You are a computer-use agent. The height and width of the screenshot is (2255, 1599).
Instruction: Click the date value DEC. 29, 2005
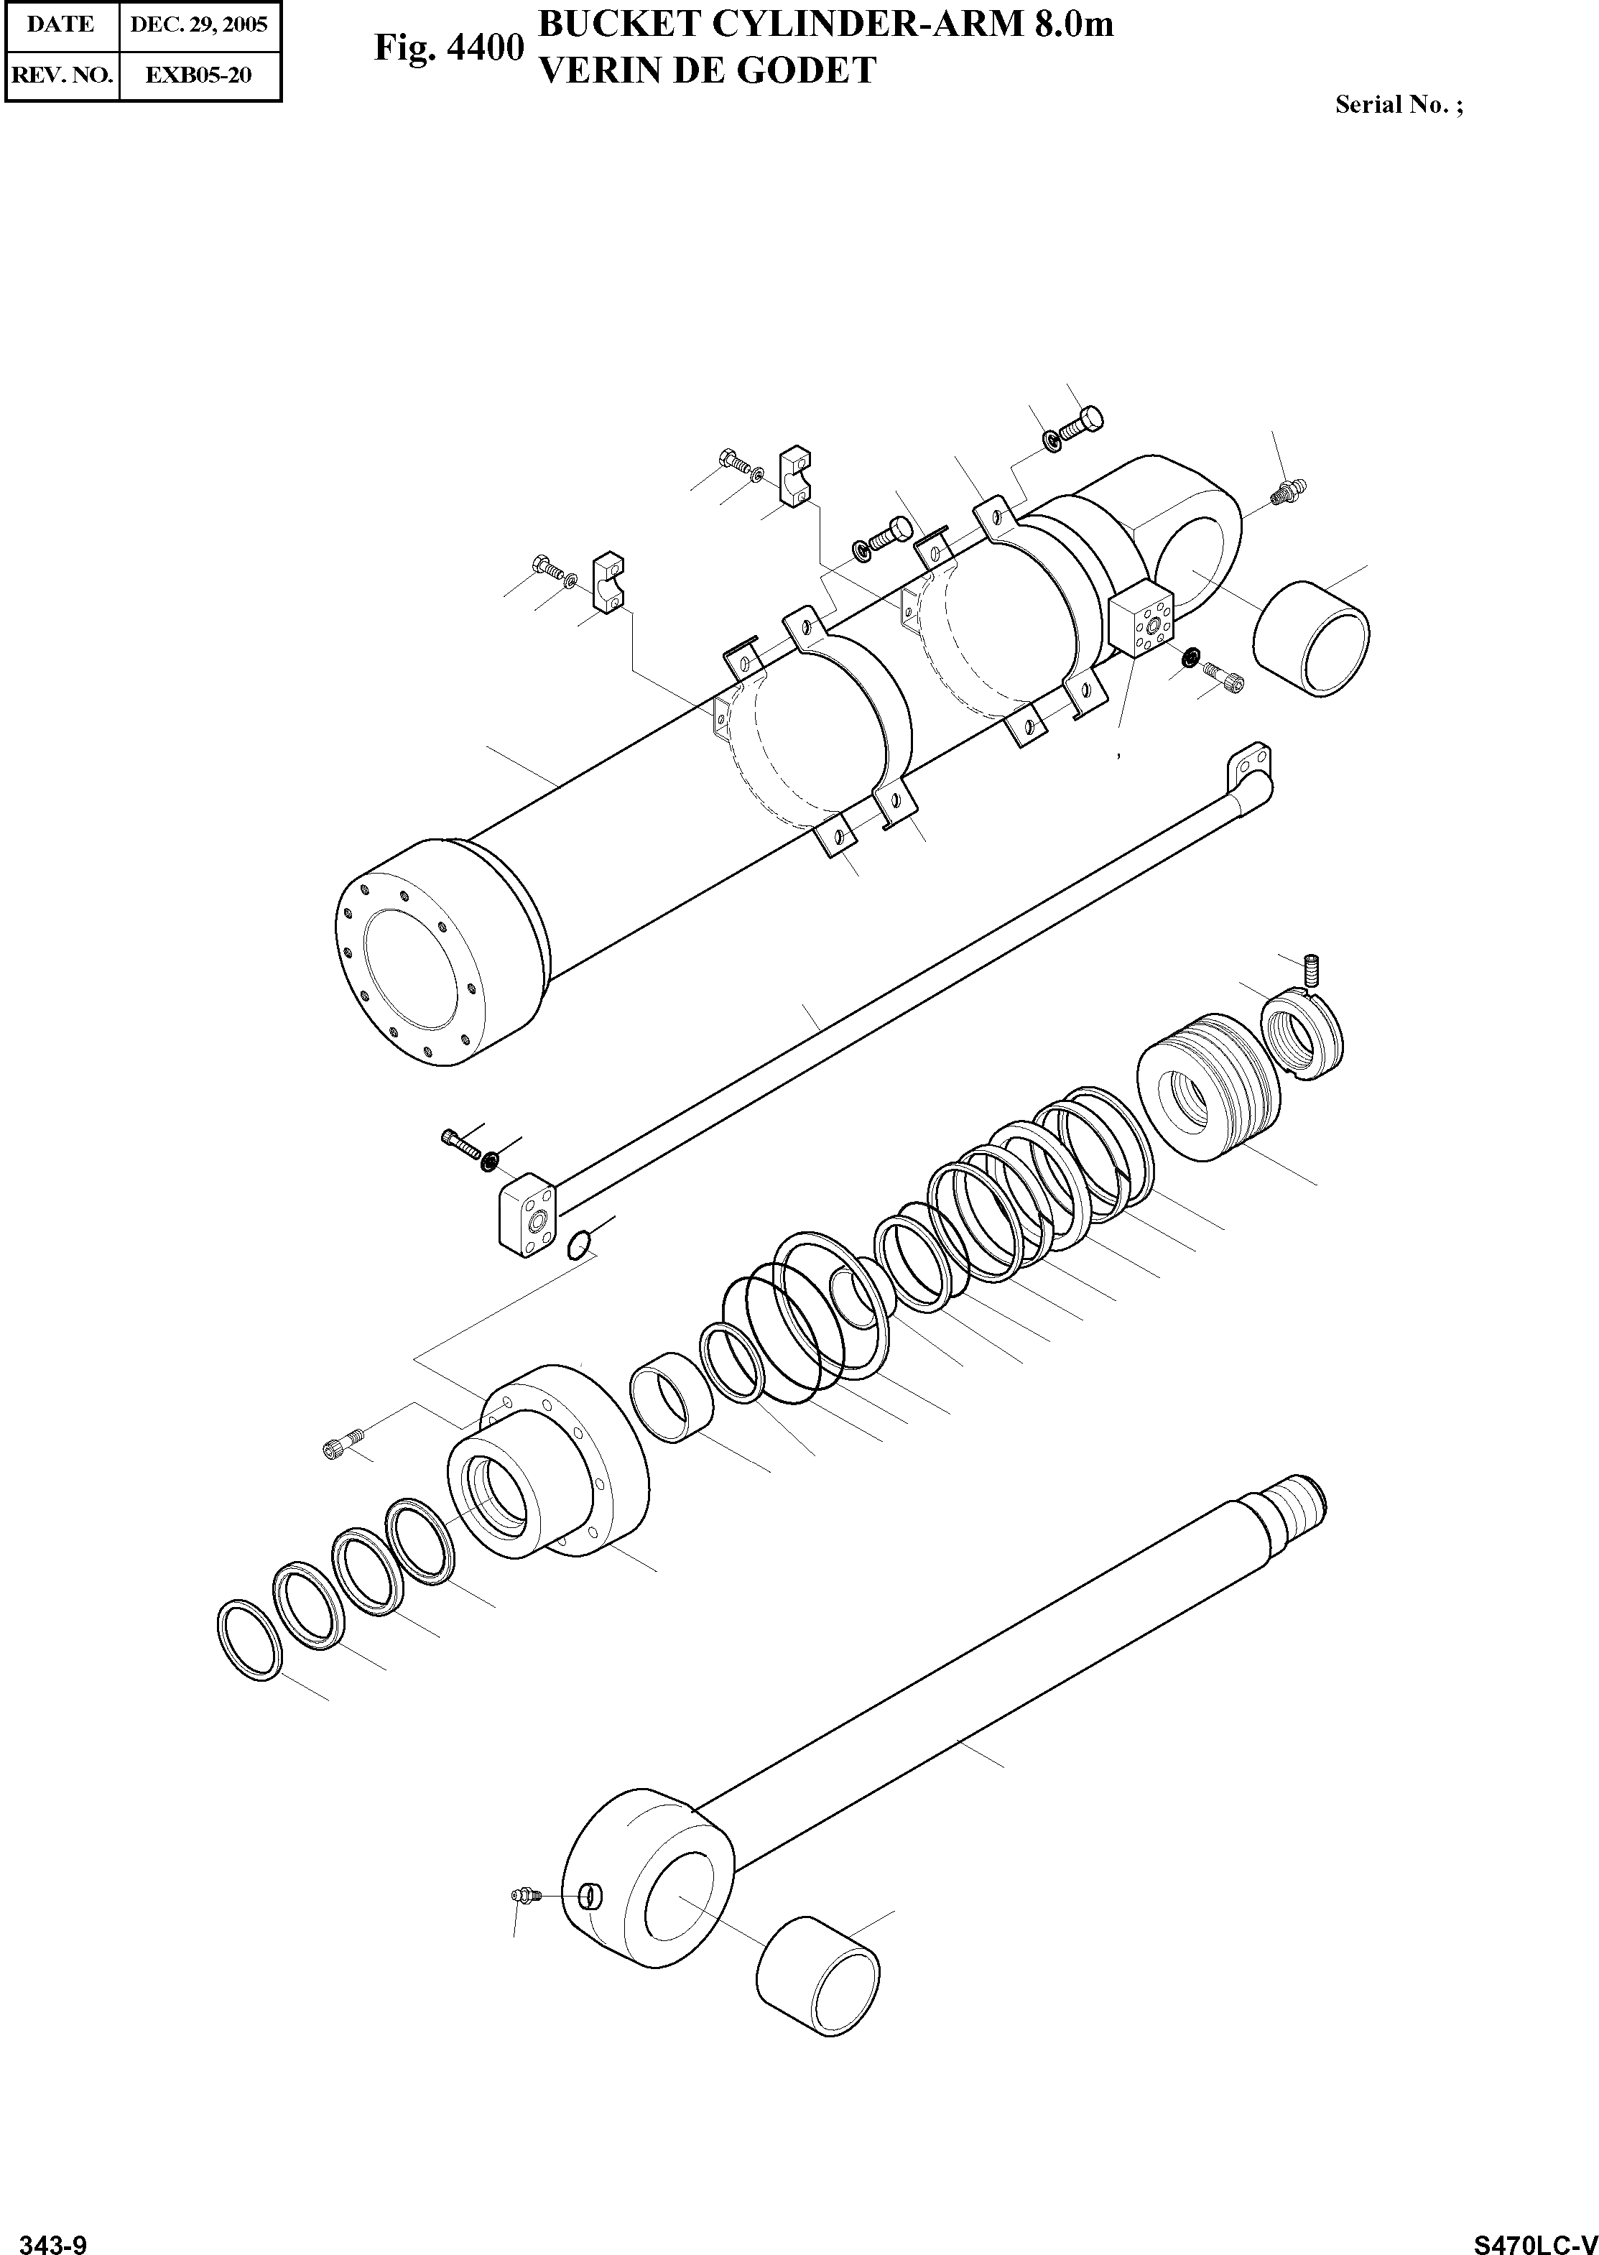pyautogui.click(x=199, y=24)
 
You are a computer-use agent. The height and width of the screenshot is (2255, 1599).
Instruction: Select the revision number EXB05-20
pyautogui.click(x=199, y=75)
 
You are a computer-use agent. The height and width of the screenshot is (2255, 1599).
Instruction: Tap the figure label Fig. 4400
pyautogui.click(x=448, y=47)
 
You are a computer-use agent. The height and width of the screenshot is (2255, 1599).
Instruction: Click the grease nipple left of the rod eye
pyautogui.click(x=523, y=1894)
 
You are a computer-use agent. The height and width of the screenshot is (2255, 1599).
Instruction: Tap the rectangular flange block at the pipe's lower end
pyautogui.click(x=524, y=1220)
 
